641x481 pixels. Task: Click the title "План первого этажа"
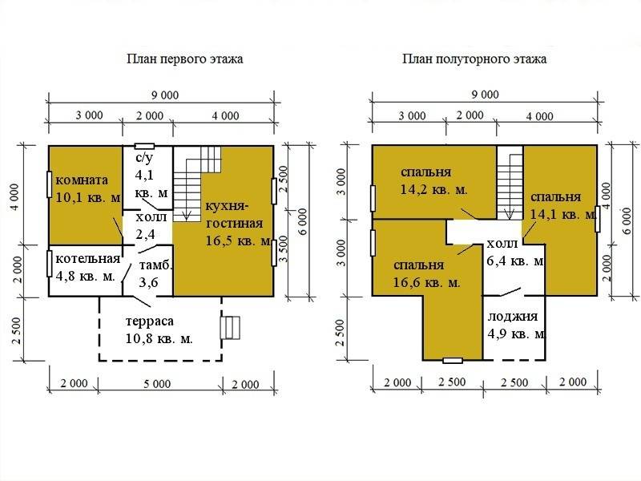[185, 59]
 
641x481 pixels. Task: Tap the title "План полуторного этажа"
[474, 59]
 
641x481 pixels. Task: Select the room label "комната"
[82, 180]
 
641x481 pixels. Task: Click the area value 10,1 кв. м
[88, 198]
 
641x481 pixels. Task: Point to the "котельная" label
[88, 259]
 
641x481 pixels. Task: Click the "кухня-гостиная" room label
[234, 215]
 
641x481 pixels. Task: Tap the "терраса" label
[150, 321]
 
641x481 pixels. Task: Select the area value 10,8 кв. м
[159, 339]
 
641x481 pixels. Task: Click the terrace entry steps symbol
[230, 327]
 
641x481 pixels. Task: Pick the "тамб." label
[155, 265]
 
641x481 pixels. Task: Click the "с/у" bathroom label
[143, 158]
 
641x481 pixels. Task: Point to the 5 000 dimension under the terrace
[157, 384]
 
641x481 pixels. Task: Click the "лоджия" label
[513, 317]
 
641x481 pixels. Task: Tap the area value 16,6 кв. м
[426, 283]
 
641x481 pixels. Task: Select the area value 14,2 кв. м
[433, 190]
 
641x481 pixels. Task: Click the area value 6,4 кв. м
[515, 261]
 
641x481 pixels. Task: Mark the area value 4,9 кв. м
[516, 334]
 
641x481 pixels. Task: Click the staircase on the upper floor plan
[510, 183]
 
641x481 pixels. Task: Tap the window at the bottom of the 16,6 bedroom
[453, 360]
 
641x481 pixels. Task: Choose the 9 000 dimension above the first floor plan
[165, 95]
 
